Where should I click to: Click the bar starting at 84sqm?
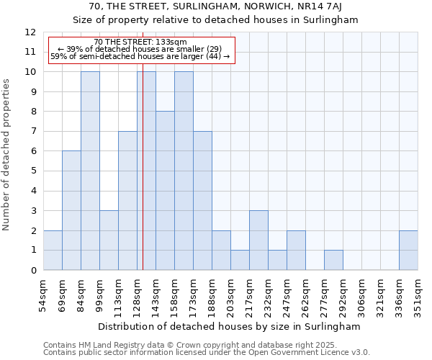(90, 171)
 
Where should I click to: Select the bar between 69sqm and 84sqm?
(71, 210)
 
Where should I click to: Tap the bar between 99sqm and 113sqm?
(109, 240)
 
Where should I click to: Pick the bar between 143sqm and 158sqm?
(165, 191)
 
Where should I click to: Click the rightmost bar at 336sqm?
(408, 251)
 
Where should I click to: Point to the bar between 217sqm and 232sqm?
(258, 240)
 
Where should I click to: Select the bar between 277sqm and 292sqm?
(333, 260)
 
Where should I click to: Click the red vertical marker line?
(143, 180)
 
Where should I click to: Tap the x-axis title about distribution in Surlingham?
(230, 326)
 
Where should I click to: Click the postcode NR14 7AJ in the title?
(318, 6)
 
